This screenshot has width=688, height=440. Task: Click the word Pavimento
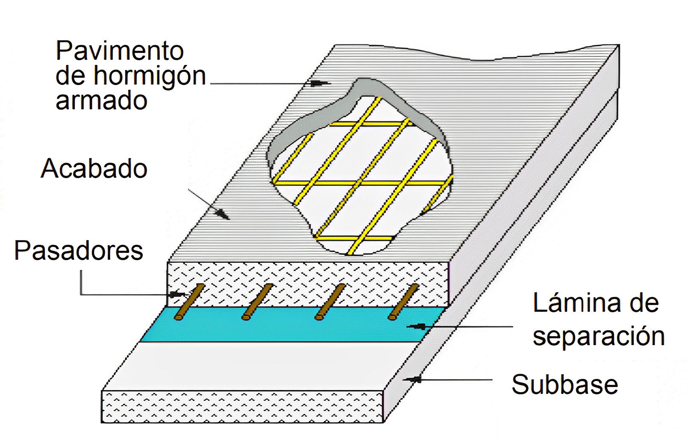point(120,51)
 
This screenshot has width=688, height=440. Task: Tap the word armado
point(101,101)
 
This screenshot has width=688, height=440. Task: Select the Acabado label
point(94,168)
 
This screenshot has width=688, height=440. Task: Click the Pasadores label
point(79,250)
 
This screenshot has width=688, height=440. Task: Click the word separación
point(598,336)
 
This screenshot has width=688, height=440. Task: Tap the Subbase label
point(565,384)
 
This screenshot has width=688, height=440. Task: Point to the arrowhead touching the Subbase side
point(414,379)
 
